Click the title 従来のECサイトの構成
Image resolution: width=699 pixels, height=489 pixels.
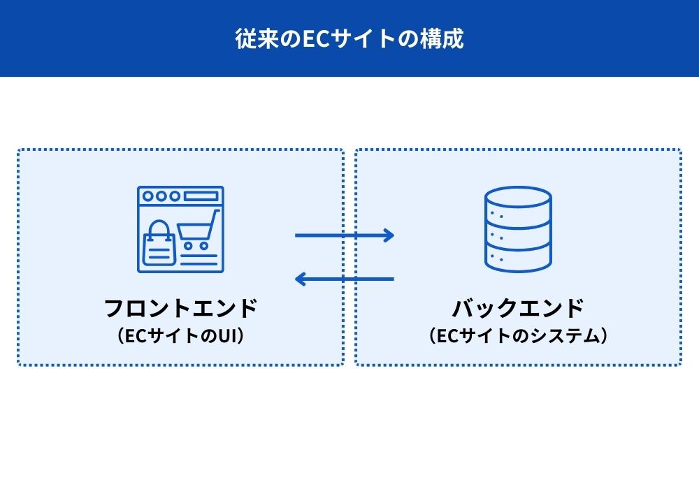(x=349, y=38)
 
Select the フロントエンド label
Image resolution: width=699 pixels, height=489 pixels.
(x=180, y=307)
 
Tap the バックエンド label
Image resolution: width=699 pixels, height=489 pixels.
(x=518, y=307)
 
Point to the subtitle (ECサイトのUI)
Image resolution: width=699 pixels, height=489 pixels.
(x=180, y=336)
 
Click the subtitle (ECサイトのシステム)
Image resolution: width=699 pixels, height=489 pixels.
(x=518, y=336)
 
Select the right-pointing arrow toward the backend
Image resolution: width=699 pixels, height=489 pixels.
(x=345, y=235)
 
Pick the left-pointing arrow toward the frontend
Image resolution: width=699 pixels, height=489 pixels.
(x=345, y=279)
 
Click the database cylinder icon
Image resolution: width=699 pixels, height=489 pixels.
(x=518, y=229)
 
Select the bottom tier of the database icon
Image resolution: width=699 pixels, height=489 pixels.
(x=518, y=261)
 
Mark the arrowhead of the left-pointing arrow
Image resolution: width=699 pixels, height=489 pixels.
(x=299, y=279)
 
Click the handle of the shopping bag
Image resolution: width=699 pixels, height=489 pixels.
(x=159, y=228)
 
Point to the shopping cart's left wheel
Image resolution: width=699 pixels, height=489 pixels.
(x=187, y=246)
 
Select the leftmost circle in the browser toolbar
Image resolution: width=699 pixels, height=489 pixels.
(x=147, y=196)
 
